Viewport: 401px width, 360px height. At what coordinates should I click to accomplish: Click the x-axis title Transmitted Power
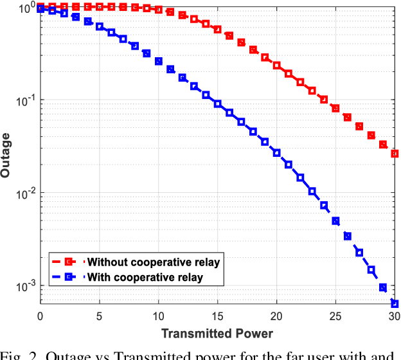[x=217, y=333]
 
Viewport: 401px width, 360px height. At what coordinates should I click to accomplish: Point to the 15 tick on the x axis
[x=217, y=316]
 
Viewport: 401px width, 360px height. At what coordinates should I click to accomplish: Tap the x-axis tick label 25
[x=335, y=316]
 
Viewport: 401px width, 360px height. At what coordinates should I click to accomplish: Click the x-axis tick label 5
[x=100, y=316]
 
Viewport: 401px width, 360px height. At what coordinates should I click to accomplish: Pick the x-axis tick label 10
[x=158, y=316]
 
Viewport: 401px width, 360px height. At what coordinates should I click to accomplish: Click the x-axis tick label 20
[x=276, y=316]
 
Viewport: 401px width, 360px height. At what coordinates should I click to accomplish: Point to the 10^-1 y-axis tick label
[x=26, y=101]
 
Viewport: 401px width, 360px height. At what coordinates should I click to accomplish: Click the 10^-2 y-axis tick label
[x=26, y=194]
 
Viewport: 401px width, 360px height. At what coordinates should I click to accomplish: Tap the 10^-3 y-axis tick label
[x=26, y=286]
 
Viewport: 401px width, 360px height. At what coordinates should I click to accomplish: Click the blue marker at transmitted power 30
[x=395, y=303]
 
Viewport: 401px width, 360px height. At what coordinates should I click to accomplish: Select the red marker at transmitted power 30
[x=395, y=154]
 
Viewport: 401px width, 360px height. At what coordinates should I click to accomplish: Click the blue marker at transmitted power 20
[x=276, y=153]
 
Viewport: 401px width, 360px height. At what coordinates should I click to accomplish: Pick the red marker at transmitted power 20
[x=276, y=66]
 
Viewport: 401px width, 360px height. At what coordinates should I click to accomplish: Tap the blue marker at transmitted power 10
[x=159, y=61]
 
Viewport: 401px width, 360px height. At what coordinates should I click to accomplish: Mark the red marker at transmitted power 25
[x=335, y=109]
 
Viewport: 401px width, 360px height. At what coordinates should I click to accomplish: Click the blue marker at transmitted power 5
[x=100, y=26]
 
